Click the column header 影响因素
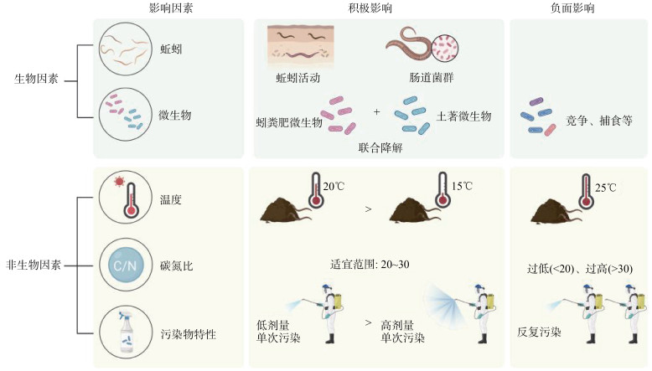170,8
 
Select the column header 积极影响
370,8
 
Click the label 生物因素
36,79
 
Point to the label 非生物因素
34,265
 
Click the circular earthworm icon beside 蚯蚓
125,49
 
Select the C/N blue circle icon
125,265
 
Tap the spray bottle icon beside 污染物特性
126,333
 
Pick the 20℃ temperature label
334,187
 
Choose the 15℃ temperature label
462,186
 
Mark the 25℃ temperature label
605,188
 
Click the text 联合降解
380,147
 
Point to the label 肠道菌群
432,78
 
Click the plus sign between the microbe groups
377,111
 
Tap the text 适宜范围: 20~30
370,265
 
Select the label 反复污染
539,332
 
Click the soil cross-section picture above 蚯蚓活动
301,47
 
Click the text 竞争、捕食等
599,121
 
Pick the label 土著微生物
463,116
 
